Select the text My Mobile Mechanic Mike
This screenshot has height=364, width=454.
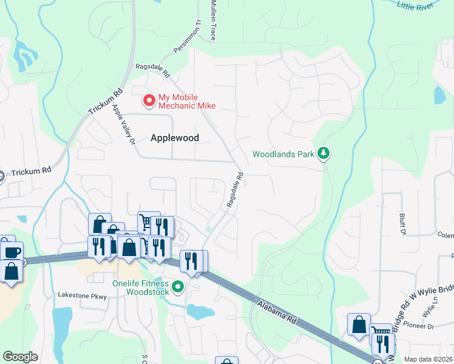click(187, 101)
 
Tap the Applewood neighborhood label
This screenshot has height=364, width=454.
click(175, 138)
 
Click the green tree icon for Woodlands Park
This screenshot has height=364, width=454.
click(324, 153)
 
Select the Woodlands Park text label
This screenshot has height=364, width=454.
click(283, 154)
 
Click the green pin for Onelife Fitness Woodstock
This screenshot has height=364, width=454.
click(178, 286)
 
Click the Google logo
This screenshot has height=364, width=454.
click(20, 357)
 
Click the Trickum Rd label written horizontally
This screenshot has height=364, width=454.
click(30, 172)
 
